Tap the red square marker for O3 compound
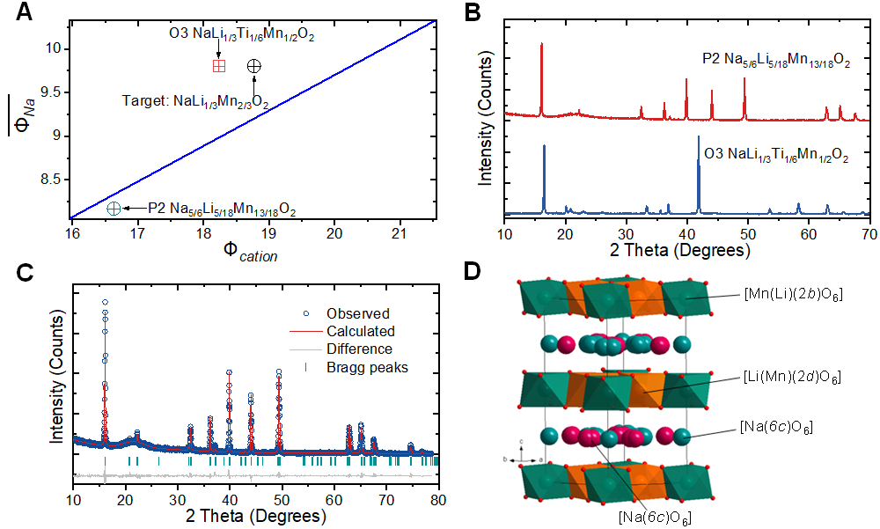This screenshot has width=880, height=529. click(219, 66)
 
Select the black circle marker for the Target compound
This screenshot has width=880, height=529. click(253, 66)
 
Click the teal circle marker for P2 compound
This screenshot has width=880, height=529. click(114, 209)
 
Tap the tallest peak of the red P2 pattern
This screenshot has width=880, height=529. click(541, 44)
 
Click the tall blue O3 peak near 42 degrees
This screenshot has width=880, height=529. click(699, 137)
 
